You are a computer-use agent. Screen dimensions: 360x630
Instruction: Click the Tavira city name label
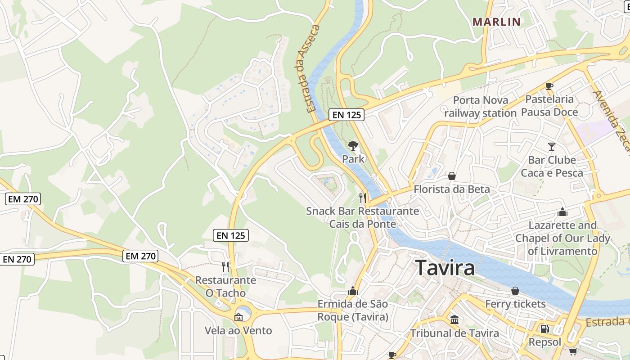click(x=445, y=268)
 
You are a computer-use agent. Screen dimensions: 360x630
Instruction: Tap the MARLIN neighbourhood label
click(x=496, y=22)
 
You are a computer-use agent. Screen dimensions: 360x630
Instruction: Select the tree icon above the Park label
click(x=353, y=145)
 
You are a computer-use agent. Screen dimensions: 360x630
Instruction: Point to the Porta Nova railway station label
click(x=481, y=107)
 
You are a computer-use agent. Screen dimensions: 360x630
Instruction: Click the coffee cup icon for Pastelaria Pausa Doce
click(x=549, y=86)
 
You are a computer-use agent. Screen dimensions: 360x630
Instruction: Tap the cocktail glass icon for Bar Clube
click(x=552, y=146)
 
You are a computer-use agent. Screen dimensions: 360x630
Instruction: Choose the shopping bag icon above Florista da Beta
click(x=451, y=176)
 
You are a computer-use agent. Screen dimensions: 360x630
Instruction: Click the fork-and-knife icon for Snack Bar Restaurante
click(x=362, y=198)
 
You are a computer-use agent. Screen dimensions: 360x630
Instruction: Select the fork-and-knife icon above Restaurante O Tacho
click(x=225, y=267)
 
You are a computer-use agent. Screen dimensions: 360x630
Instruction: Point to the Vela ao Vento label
click(x=238, y=331)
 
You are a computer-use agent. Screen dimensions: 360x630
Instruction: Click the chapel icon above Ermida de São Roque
click(x=353, y=291)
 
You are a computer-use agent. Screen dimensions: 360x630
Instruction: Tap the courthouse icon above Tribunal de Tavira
click(x=454, y=320)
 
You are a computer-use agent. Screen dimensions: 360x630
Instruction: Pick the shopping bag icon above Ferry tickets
click(x=515, y=291)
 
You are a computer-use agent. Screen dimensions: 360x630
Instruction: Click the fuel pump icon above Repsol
click(x=544, y=329)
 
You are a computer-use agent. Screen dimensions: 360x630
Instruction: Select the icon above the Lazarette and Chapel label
click(x=562, y=212)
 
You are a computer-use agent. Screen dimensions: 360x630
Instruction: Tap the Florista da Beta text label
click(x=451, y=189)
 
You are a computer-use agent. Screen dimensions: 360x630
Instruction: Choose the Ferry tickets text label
click(x=515, y=304)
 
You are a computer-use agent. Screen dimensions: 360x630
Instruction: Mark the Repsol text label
click(x=545, y=342)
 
